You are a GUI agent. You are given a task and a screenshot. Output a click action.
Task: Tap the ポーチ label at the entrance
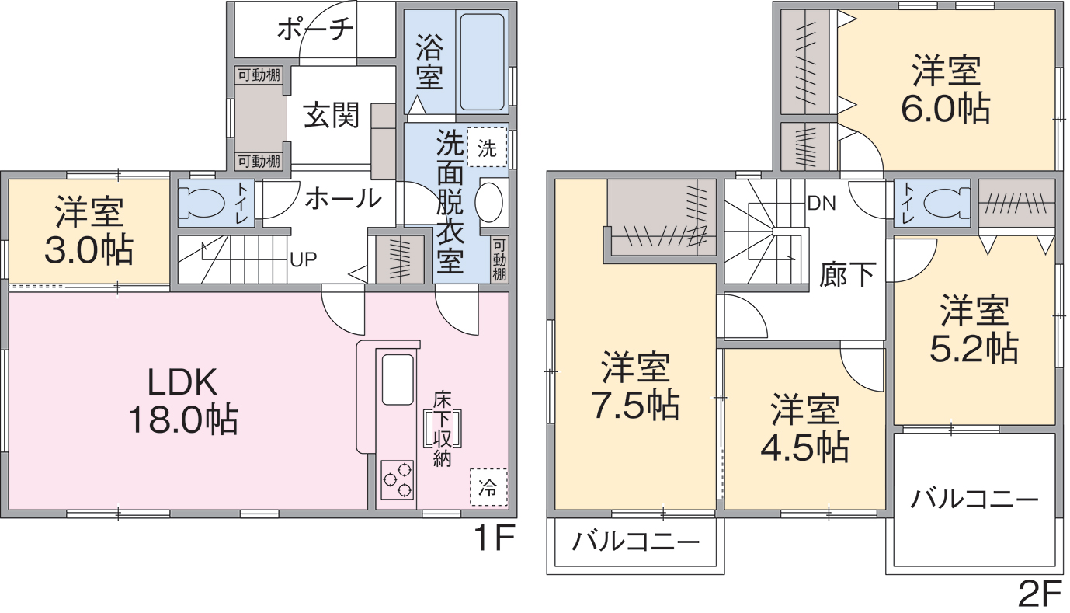point(314,30)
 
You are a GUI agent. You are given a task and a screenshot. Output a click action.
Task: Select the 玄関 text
point(332,116)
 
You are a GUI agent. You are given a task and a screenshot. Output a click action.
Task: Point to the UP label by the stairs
point(304,259)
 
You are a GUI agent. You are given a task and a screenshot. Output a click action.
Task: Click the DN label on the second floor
point(822,204)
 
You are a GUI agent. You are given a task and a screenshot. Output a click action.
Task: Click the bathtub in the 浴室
point(481,61)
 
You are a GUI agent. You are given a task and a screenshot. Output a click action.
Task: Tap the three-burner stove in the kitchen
point(397,479)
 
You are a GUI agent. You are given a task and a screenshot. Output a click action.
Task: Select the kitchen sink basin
point(398,380)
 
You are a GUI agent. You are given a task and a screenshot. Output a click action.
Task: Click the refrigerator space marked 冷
point(488,487)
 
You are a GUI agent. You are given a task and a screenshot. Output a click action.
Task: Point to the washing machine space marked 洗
point(487,147)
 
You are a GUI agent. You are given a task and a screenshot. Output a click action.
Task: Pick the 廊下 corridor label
point(847,275)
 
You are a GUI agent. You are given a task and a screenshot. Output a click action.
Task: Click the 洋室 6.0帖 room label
point(946,90)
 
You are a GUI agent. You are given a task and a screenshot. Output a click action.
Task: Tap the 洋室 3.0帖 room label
point(89,232)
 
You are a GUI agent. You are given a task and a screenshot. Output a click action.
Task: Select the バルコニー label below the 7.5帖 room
point(635,542)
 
